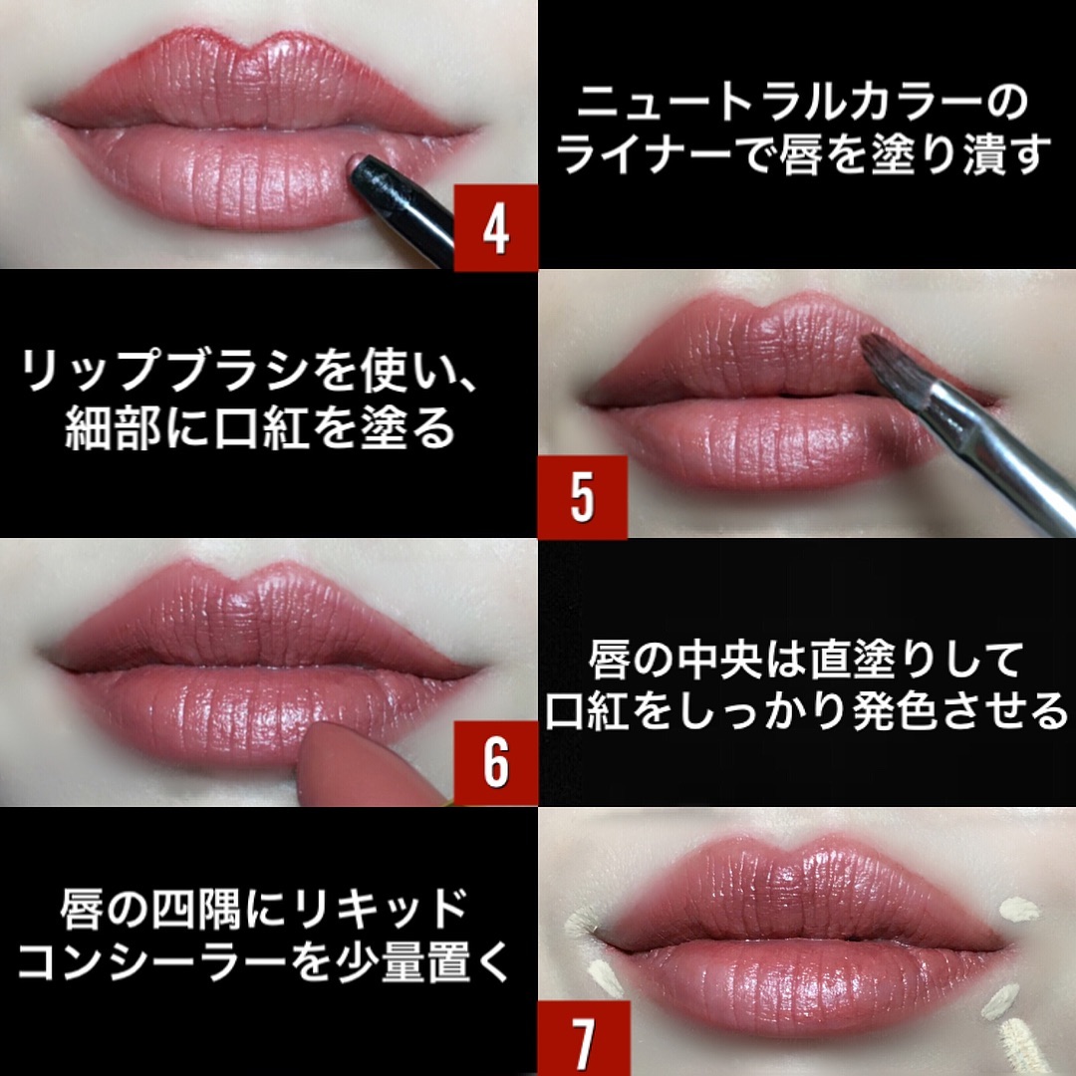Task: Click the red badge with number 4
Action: pyautogui.click(x=495, y=227)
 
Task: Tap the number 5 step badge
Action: pyautogui.click(x=581, y=496)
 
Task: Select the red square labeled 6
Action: pyautogui.click(x=495, y=764)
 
